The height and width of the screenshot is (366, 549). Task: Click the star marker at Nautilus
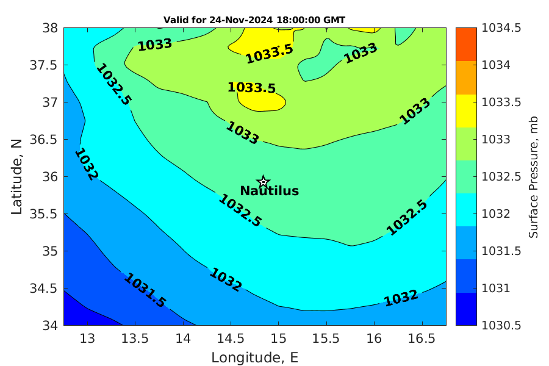click(x=264, y=182)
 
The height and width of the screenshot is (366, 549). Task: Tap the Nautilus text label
click(x=269, y=191)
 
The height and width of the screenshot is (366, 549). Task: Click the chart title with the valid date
click(x=254, y=20)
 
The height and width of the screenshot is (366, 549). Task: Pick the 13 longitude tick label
click(x=87, y=339)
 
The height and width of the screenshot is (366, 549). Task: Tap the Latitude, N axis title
click(x=17, y=176)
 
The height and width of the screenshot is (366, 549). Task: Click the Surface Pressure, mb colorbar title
click(x=534, y=176)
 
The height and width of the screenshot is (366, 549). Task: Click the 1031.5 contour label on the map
click(x=145, y=290)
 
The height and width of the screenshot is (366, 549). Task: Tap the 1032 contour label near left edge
click(x=86, y=164)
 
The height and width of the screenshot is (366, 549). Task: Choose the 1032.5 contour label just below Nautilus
click(x=240, y=210)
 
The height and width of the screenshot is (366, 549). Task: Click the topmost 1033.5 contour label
click(x=270, y=54)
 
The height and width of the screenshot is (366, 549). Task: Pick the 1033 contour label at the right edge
click(x=415, y=110)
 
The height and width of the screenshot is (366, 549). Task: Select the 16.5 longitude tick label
click(x=422, y=339)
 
